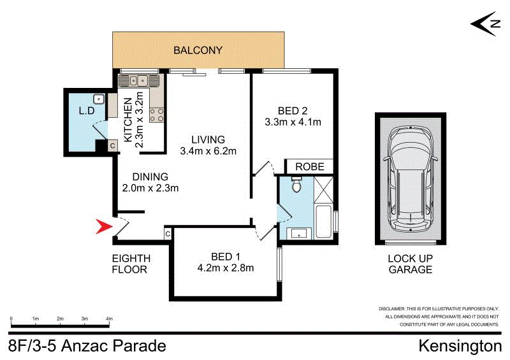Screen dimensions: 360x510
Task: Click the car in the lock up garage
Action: pos(411,178)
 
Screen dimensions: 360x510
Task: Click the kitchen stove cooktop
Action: pos(157,115)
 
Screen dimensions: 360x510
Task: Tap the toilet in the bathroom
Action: pos(295,185)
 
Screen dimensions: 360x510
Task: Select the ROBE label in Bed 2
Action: pos(309,167)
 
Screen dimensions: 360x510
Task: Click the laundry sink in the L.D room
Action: pos(98,99)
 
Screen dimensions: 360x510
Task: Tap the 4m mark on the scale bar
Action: pos(109,318)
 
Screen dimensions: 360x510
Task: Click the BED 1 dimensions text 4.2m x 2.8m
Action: pos(226,268)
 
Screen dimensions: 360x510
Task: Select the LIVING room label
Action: pos(209,140)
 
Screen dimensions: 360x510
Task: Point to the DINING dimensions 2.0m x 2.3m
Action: pos(150,188)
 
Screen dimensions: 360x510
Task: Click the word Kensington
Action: pos(460,346)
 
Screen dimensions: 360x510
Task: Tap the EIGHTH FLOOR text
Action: pos(131,264)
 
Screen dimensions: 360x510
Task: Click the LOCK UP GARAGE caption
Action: pos(410,264)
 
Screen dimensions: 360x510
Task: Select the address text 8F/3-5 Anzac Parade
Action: pos(87,346)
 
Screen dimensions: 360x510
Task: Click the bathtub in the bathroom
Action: pos(323,222)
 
